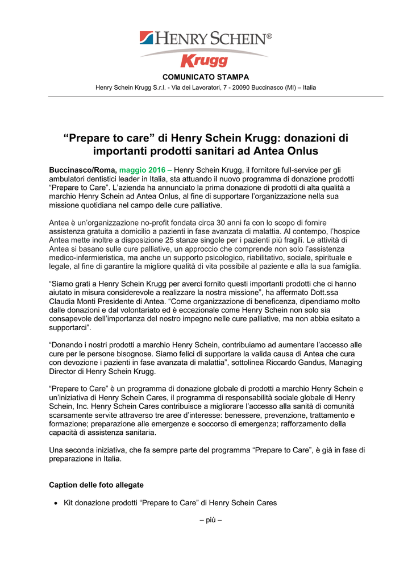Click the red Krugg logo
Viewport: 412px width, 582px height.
pyautogui.click(x=204, y=60)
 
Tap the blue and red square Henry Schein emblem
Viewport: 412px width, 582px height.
pyautogui.click(x=147, y=38)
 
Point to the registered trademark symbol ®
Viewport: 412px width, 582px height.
pyautogui.click(x=269, y=36)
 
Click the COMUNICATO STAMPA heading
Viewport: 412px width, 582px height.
pyautogui.click(x=206, y=77)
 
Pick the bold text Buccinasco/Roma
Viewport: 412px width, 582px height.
pyautogui.click(x=83, y=170)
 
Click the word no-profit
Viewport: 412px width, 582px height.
pyautogui.click(x=140, y=222)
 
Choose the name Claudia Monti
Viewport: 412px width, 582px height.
pyautogui.click(x=76, y=301)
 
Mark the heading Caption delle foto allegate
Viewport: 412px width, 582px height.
pyautogui.click(x=97, y=485)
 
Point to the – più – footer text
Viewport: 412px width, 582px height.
pyautogui.click(x=205, y=519)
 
